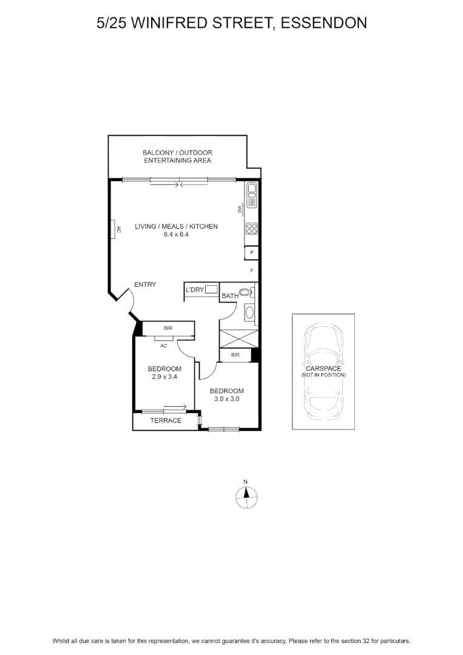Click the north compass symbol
(x=246, y=497)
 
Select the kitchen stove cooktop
(x=252, y=229)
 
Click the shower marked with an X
(x=238, y=338)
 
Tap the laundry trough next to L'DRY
(x=211, y=289)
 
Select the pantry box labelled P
(x=252, y=253)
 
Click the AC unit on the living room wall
(x=113, y=229)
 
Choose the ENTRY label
(x=145, y=284)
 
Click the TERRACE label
(x=166, y=420)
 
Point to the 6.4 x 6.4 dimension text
(x=176, y=234)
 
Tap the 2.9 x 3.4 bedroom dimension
(x=164, y=377)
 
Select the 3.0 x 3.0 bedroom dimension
(x=227, y=398)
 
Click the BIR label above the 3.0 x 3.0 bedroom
(x=235, y=355)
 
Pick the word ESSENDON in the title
(x=324, y=23)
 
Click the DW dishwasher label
(x=240, y=209)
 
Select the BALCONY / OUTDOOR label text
(x=178, y=153)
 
